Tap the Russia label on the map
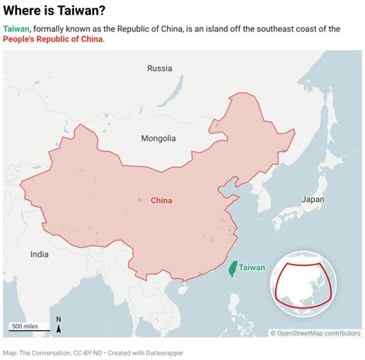coord(159,69)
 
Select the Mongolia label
coord(159,139)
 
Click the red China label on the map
coord(161,200)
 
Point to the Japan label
coord(313,199)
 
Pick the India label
coord(39,254)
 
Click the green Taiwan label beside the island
coord(252,267)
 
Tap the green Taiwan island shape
coord(233,268)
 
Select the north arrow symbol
coord(59,325)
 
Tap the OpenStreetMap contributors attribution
coord(315,333)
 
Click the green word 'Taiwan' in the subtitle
coord(16,29)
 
